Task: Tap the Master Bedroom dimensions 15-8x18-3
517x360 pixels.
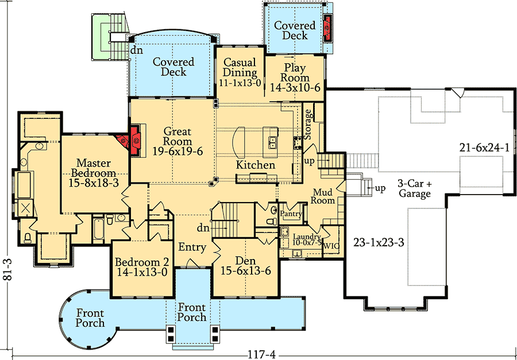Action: click(94, 183)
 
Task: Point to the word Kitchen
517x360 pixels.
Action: click(256, 165)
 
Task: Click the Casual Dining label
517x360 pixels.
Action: click(240, 67)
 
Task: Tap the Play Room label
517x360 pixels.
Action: click(295, 73)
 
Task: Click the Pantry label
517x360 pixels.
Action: click(291, 214)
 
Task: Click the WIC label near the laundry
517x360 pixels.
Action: click(331, 246)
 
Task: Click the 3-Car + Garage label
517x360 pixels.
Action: click(414, 189)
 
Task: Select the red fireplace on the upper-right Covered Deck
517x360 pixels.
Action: click(329, 27)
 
